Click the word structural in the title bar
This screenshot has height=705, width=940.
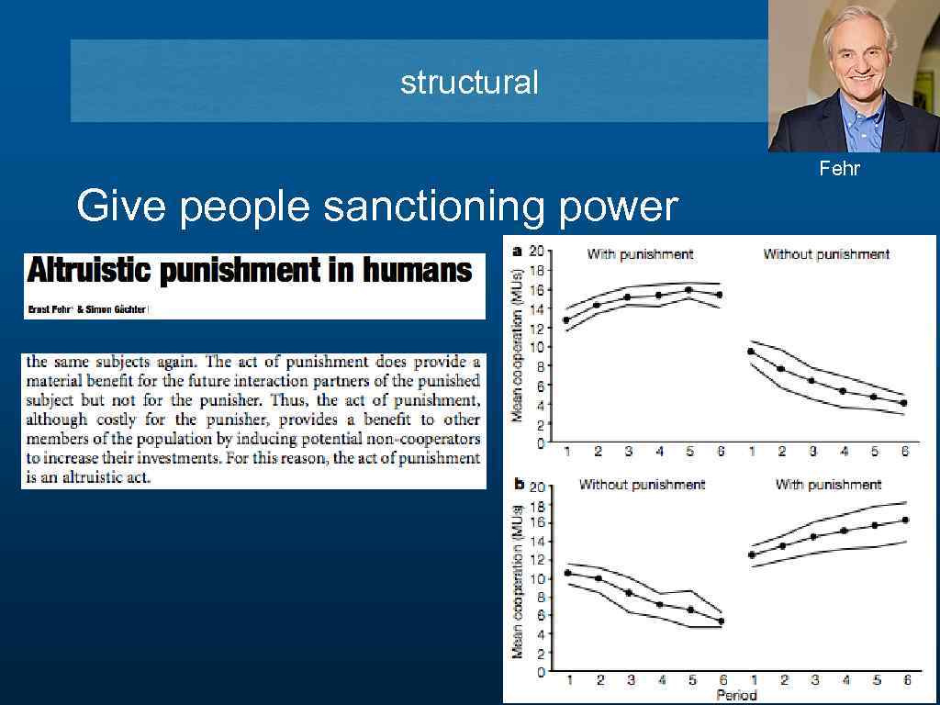469,83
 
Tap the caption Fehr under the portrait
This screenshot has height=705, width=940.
840,168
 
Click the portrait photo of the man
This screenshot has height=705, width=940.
853,79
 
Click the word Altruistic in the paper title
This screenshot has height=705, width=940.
93,271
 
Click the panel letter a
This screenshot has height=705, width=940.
517,251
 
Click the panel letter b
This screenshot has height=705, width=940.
519,482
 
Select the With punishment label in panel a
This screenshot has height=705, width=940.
639,254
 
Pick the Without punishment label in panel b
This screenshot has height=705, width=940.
642,484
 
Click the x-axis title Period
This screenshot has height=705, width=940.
737,695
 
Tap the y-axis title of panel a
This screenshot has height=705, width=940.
518,346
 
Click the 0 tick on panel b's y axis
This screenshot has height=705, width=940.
542,671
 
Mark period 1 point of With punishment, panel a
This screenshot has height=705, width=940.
566,320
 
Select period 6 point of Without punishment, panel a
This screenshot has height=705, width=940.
903,403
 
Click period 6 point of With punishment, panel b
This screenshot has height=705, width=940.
905,520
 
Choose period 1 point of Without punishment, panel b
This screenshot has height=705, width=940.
567,573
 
